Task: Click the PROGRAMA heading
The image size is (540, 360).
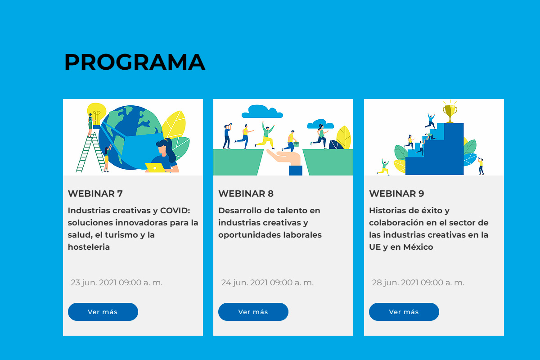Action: coord(135,62)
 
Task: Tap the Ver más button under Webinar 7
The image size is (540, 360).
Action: coord(103,312)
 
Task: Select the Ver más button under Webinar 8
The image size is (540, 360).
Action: coord(253,312)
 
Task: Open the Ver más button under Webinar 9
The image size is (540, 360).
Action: coord(404,312)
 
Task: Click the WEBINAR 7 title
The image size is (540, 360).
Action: coord(95,193)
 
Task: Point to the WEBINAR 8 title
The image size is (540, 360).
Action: coord(246,193)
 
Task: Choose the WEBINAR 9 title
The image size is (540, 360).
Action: coord(396,193)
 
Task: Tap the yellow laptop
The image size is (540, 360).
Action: coord(155,167)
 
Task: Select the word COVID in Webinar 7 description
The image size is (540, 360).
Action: coord(175,211)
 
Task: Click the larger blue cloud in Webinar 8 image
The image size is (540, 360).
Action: coord(262,111)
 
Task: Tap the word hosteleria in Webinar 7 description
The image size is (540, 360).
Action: coord(89,247)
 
